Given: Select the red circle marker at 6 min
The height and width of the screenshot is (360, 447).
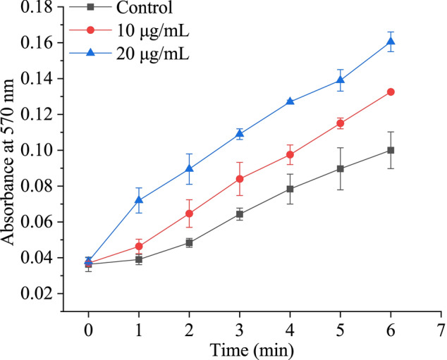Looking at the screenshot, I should pyautogui.click(x=391, y=92).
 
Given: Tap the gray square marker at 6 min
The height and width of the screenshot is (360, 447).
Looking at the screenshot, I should pyautogui.click(x=391, y=150).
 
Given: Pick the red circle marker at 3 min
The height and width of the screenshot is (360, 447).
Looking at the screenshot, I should pyautogui.click(x=240, y=179).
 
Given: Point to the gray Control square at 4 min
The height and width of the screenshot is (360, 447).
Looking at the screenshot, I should pyautogui.click(x=290, y=189).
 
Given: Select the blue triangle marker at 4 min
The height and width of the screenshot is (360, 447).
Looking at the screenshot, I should pyautogui.click(x=290, y=101).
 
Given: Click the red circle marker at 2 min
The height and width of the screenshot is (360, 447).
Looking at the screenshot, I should pyautogui.click(x=189, y=213).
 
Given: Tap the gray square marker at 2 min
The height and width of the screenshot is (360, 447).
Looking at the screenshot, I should pyautogui.click(x=189, y=242).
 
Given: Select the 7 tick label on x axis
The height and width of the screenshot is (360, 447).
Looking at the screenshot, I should pyautogui.click(x=441, y=329).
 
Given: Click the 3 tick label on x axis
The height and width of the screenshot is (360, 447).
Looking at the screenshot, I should pyautogui.click(x=240, y=329).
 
